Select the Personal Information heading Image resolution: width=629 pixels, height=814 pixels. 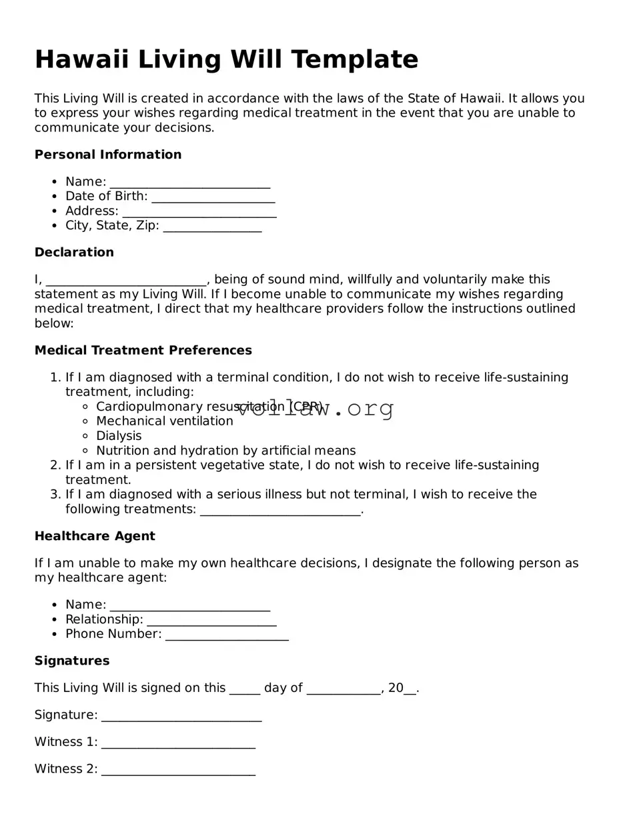click(x=108, y=155)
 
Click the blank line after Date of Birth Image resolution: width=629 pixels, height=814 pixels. click(x=213, y=198)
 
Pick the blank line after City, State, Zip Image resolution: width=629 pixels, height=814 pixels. click(x=212, y=227)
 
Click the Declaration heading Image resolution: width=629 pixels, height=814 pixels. click(x=74, y=252)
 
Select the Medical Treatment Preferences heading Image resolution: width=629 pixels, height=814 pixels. click(x=143, y=350)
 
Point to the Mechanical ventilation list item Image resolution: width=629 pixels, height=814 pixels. click(x=165, y=421)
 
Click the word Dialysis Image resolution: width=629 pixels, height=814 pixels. click(x=119, y=436)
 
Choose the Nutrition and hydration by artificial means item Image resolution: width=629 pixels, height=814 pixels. click(x=225, y=451)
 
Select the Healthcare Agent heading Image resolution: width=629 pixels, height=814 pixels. click(x=95, y=536)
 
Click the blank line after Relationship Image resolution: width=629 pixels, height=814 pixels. click(x=211, y=621)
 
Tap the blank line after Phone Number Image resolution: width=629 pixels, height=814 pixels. click(x=227, y=636)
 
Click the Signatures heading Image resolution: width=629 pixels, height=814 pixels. click(x=72, y=661)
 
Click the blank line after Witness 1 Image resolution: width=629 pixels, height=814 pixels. click(x=178, y=744)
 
